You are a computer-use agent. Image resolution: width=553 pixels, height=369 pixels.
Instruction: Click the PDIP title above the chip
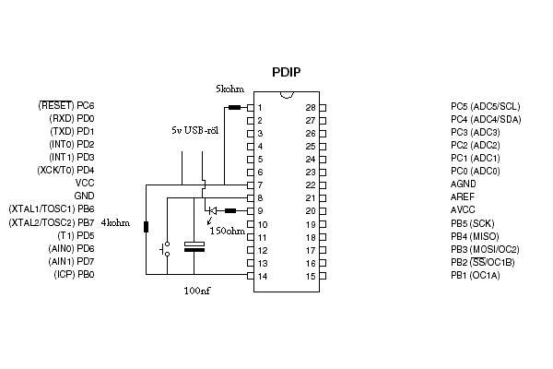tap(287, 73)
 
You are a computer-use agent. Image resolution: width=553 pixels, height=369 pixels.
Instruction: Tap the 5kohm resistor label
tap(230, 89)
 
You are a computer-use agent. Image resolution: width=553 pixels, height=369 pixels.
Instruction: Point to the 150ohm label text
tap(227, 231)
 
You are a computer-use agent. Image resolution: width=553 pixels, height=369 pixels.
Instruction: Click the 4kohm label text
tap(115, 223)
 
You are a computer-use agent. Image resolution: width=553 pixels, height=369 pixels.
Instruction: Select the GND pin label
tap(84, 196)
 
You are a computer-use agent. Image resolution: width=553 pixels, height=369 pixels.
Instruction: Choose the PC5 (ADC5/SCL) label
tap(486, 106)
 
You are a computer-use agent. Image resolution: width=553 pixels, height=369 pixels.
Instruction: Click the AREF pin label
tap(463, 196)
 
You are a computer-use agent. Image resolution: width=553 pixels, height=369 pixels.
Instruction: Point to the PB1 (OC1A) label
tap(476, 275)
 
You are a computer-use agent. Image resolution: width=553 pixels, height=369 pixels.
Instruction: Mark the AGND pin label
tap(463, 184)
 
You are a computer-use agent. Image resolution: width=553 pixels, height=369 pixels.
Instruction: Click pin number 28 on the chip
tap(310, 108)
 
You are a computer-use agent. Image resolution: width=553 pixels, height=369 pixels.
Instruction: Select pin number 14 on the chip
tap(263, 276)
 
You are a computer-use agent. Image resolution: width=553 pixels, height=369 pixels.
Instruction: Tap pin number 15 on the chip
tap(310, 276)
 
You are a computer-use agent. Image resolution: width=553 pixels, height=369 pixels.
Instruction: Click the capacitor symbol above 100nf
tap(194, 246)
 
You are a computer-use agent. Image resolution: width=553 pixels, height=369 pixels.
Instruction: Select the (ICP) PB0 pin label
tap(73, 275)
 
